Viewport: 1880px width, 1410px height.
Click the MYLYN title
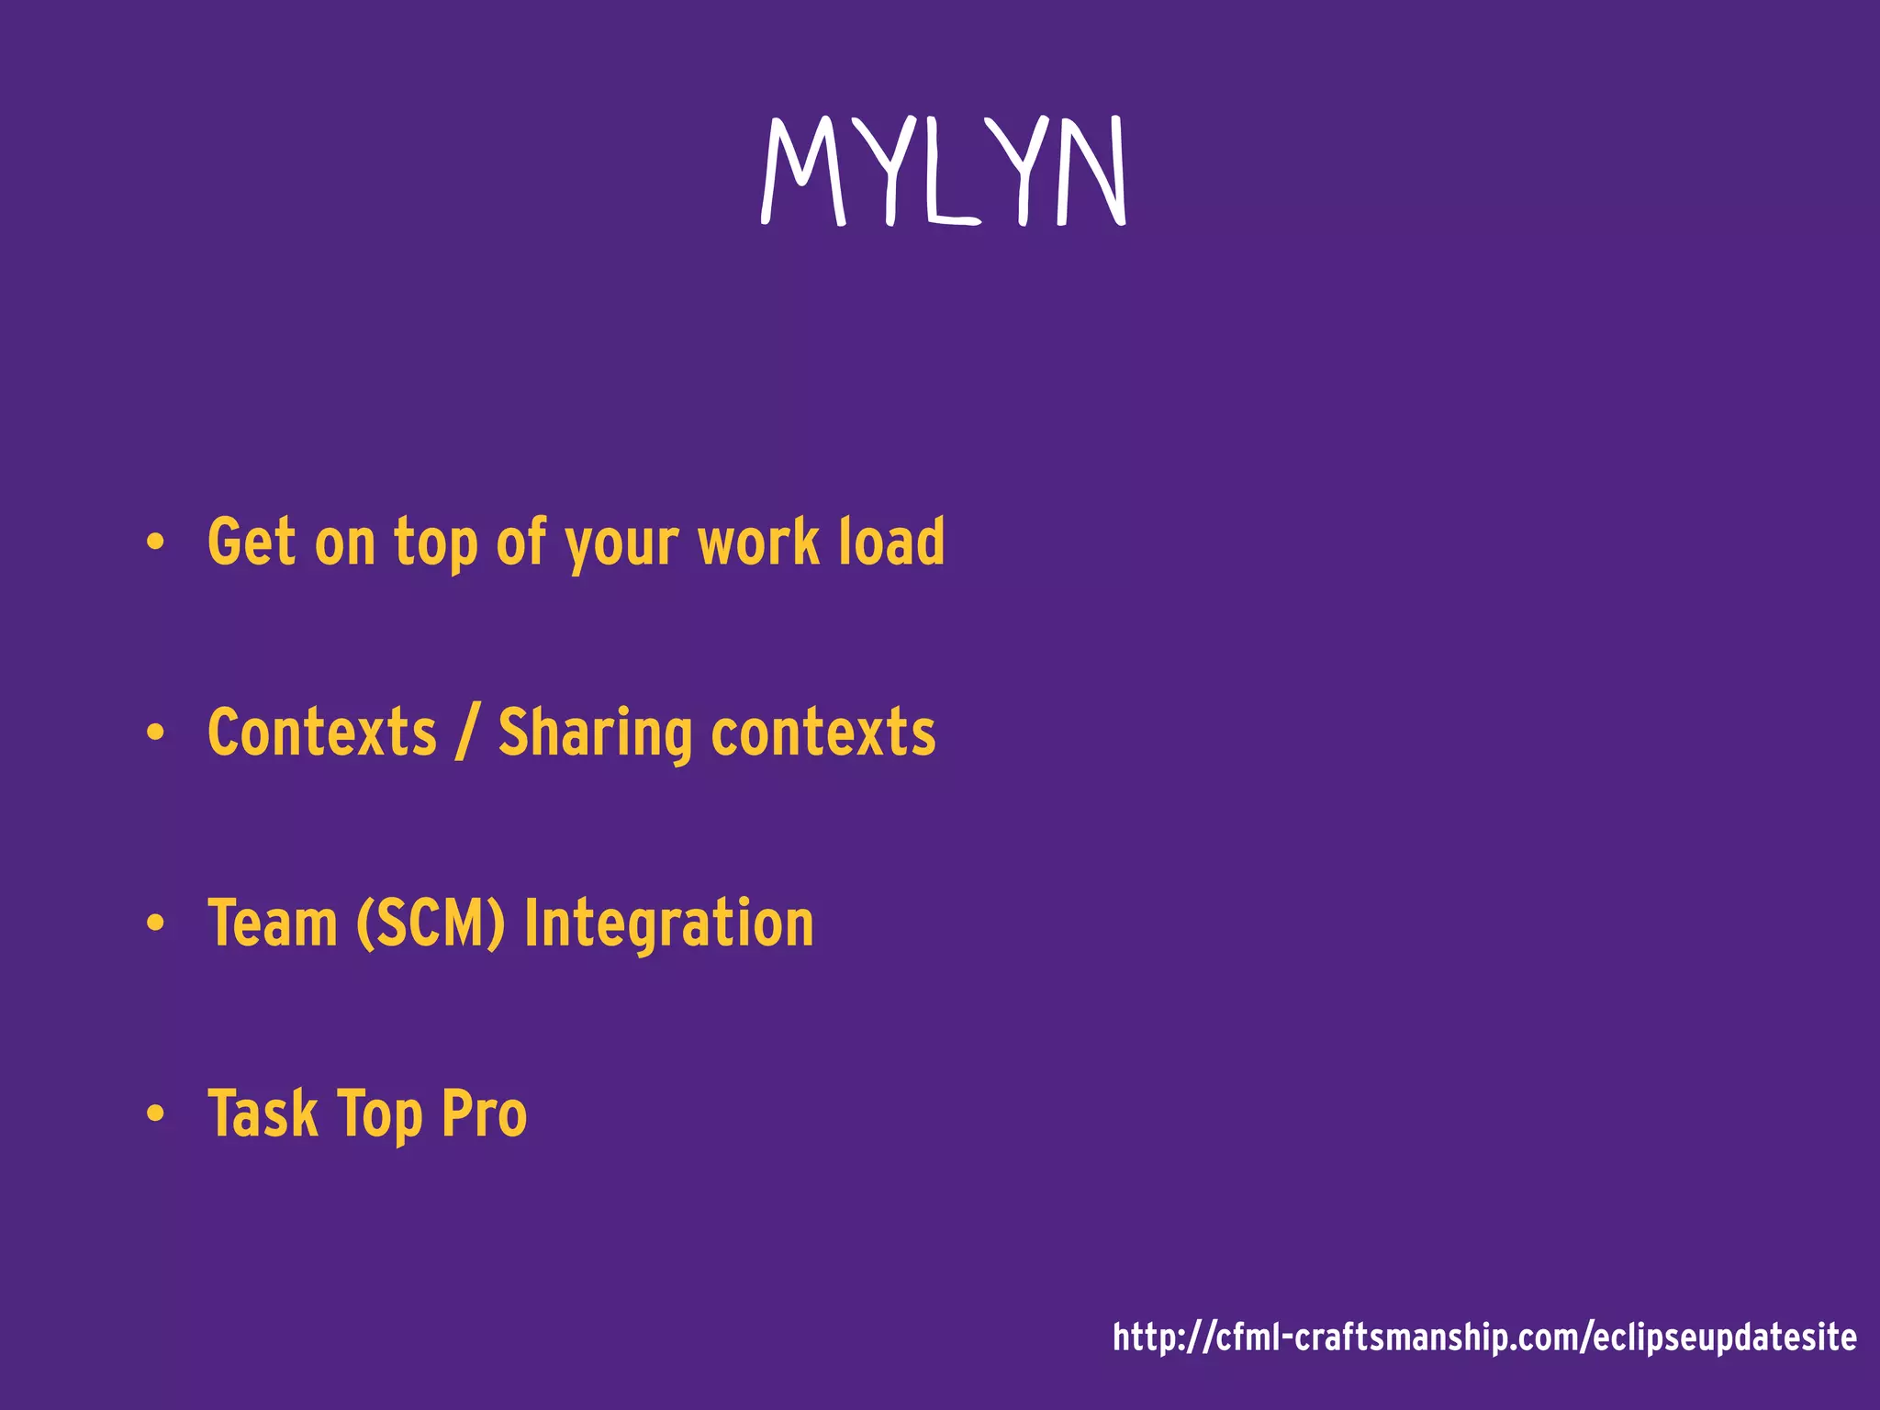pos(944,172)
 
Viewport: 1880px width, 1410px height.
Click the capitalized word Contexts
pos(322,733)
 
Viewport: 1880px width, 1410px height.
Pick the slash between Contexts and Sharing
pos(467,733)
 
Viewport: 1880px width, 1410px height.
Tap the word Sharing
pos(595,736)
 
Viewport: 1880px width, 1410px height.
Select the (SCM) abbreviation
pos(431,923)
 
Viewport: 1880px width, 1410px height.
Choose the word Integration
pos(669,925)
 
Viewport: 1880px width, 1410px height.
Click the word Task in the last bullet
pos(263,1113)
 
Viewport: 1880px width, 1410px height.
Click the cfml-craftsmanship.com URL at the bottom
pos(1484,1337)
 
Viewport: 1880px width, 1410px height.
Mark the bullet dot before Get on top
pos(155,542)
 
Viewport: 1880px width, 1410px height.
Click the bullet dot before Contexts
pos(155,733)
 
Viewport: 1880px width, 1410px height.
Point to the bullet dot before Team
pos(155,923)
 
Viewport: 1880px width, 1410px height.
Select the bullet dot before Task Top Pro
pos(155,1113)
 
